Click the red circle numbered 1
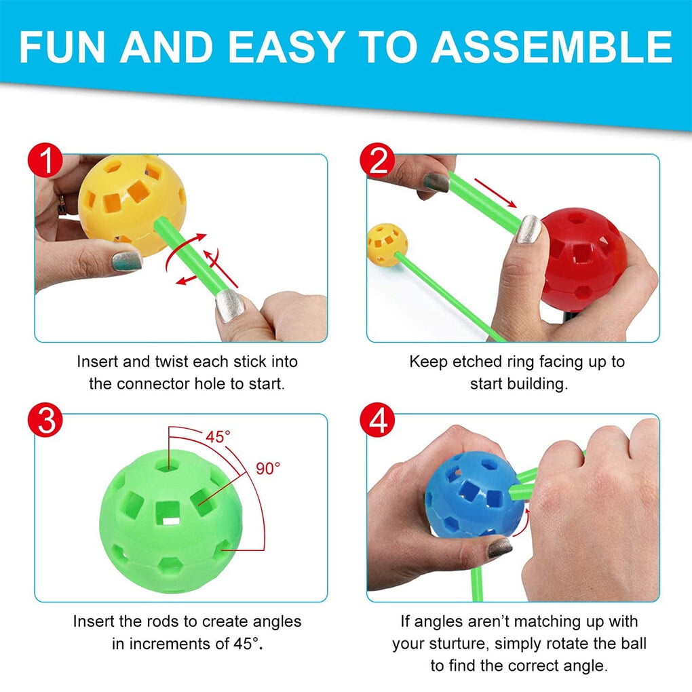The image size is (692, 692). click(x=45, y=159)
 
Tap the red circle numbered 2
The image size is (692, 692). click(x=377, y=159)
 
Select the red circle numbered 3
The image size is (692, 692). click(x=45, y=420)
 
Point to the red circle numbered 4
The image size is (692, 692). click(x=377, y=420)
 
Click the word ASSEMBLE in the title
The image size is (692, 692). click(x=551, y=47)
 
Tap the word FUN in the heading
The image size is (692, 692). click(x=62, y=47)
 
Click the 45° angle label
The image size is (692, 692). click(x=218, y=437)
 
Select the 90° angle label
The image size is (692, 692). click(x=268, y=468)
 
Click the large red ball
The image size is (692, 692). click(x=583, y=260)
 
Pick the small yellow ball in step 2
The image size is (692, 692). click(x=387, y=245)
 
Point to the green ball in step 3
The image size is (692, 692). click(x=171, y=521)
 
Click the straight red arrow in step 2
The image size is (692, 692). click(x=495, y=193)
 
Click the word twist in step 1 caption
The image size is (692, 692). click(x=172, y=362)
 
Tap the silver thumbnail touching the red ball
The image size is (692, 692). click(x=528, y=229)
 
